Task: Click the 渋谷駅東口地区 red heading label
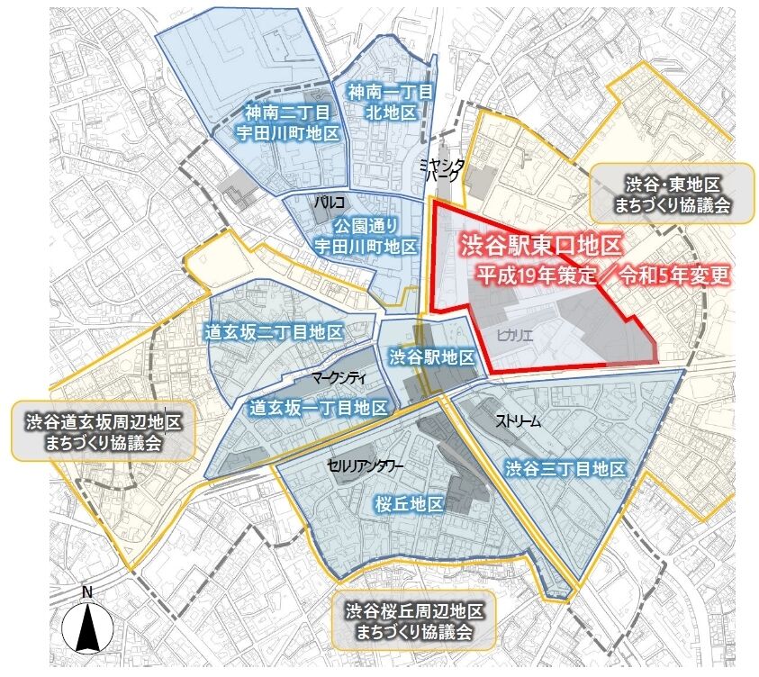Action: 540,244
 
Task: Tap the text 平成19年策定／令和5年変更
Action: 602,275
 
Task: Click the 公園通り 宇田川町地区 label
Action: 365,234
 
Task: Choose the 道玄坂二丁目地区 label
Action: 275,332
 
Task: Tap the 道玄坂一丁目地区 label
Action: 317,408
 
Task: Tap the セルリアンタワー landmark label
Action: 365,465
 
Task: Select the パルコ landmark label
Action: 325,203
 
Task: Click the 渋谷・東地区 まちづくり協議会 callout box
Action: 671,194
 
